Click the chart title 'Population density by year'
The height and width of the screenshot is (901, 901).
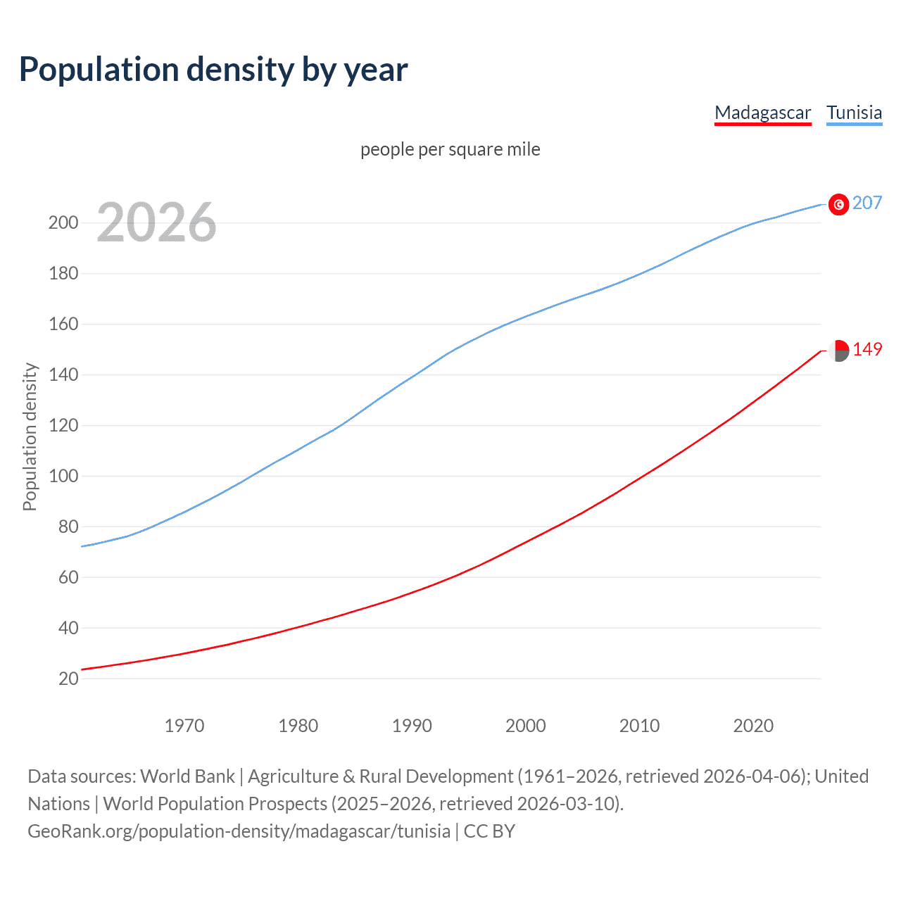[x=213, y=69]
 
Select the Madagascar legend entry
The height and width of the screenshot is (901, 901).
[x=762, y=113]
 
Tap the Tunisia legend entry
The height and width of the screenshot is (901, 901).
[x=854, y=113]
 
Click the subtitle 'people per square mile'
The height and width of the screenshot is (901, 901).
[x=450, y=149]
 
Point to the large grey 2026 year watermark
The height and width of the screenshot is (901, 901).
[x=156, y=222]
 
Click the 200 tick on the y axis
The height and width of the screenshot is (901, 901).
[x=63, y=223]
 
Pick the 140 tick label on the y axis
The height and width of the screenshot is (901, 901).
[x=63, y=375]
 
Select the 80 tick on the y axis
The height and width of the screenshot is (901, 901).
[x=68, y=527]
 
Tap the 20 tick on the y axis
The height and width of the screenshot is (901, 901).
[x=68, y=679]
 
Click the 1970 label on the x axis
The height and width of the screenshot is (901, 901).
[x=184, y=726]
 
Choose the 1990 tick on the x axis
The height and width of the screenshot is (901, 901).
[x=412, y=726]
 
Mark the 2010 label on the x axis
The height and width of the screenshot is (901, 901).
[x=639, y=726]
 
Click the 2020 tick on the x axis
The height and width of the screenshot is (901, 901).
[x=753, y=726]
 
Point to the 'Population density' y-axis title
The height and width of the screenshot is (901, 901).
[x=30, y=436]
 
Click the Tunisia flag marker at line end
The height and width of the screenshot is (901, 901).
[x=838, y=204]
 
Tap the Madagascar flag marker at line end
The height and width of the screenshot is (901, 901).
[x=838, y=350]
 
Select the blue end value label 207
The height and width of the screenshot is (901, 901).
[x=867, y=203]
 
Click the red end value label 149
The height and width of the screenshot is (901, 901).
[x=867, y=350]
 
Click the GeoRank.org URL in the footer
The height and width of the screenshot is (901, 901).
[x=239, y=831]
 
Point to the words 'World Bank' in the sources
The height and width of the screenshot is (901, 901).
[x=187, y=776]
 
